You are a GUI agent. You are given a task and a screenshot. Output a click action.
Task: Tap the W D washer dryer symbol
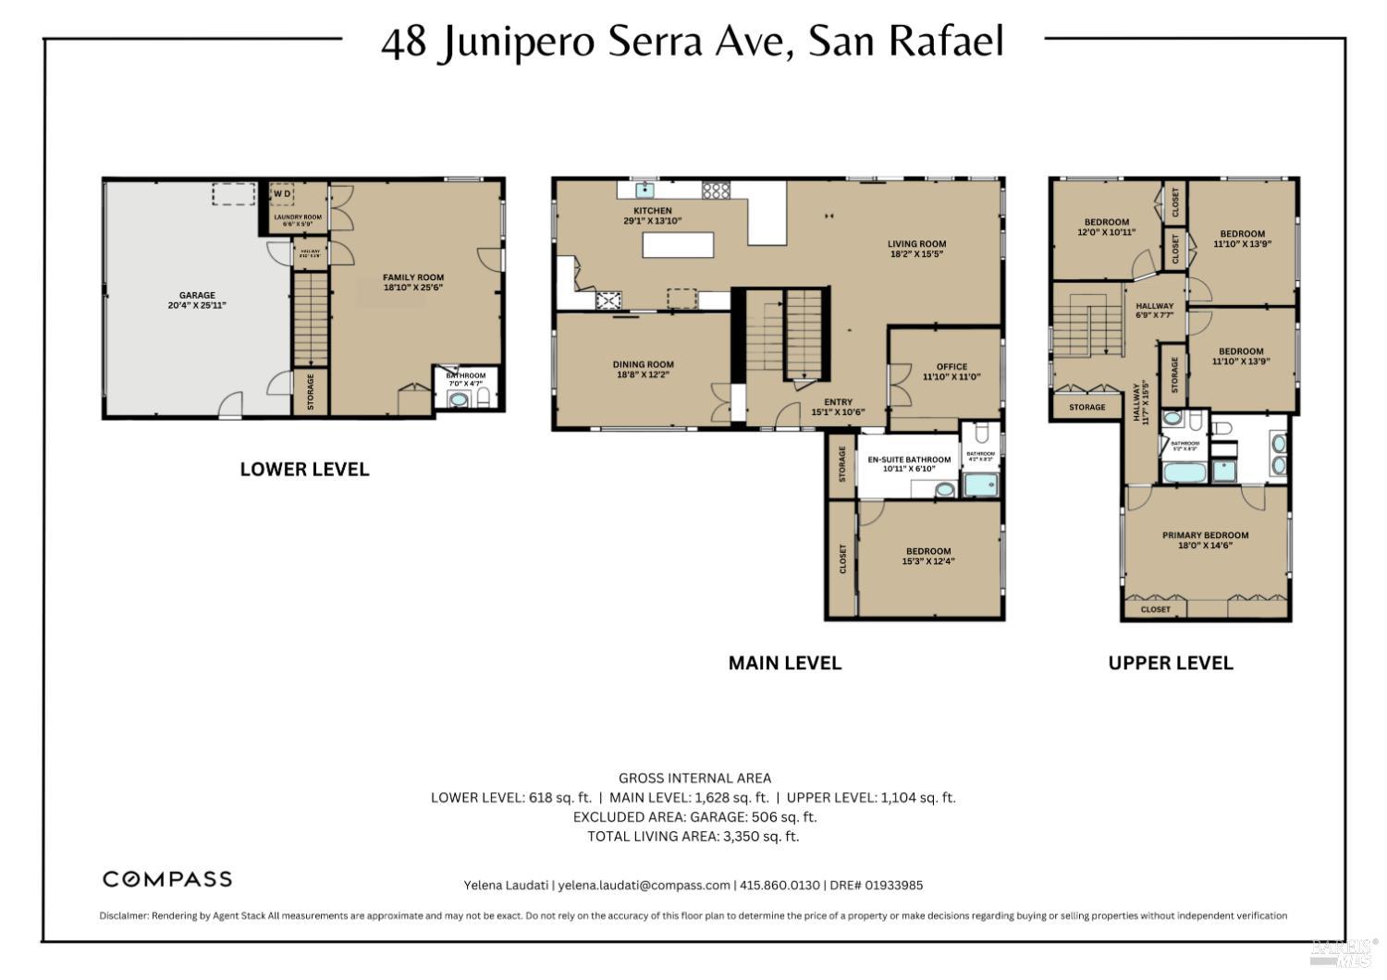click(282, 193)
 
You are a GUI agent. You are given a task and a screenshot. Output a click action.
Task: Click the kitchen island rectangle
click(679, 245)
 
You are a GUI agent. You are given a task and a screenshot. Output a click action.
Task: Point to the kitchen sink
click(644, 190)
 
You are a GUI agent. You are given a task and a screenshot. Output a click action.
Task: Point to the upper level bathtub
click(1185, 473)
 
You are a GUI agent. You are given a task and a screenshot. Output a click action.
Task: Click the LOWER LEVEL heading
click(304, 470)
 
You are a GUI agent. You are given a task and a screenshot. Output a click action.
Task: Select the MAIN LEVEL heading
click(784, 663)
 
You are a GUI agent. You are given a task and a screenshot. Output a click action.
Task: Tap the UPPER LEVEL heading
click(1170, 663)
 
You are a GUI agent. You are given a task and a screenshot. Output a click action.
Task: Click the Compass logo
click(167, 879)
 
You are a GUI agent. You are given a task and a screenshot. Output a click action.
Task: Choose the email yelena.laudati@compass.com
click(644, 885)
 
